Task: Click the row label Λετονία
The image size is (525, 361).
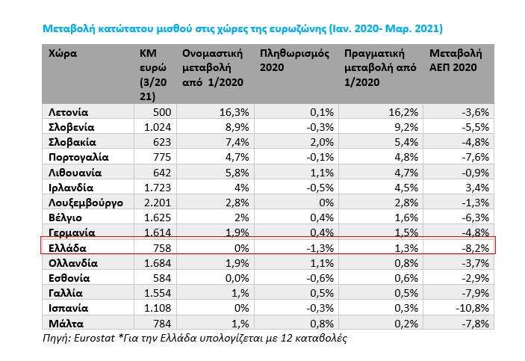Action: [69, 111]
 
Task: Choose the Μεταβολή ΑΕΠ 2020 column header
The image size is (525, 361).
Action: [456, 61]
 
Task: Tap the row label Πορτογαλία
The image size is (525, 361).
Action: [78, 157]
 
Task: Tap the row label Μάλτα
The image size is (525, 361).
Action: [66, 322]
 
